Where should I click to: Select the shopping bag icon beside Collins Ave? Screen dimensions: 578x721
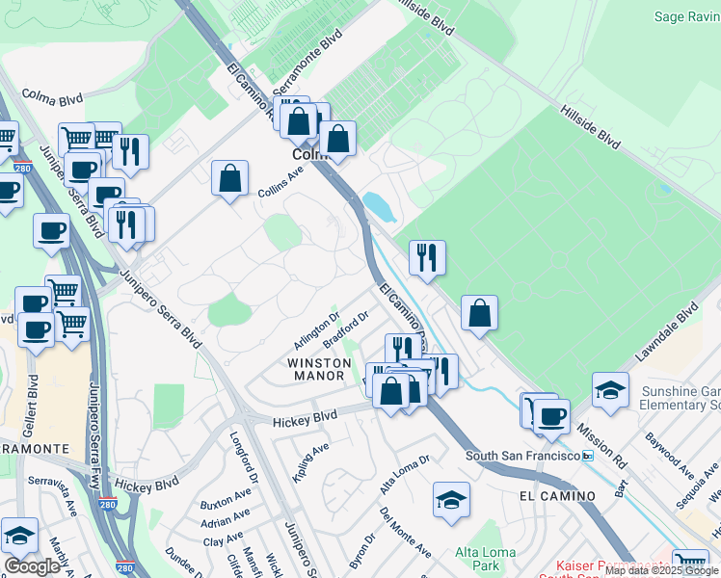230,179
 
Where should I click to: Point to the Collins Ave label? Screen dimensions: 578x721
280,181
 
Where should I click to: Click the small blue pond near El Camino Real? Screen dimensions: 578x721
378,205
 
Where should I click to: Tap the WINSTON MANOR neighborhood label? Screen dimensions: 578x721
319,370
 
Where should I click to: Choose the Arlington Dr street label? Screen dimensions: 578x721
319,330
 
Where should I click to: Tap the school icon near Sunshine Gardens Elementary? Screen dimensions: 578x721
610,390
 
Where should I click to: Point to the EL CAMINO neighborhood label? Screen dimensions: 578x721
557,495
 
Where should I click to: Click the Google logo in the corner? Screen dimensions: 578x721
32,566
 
